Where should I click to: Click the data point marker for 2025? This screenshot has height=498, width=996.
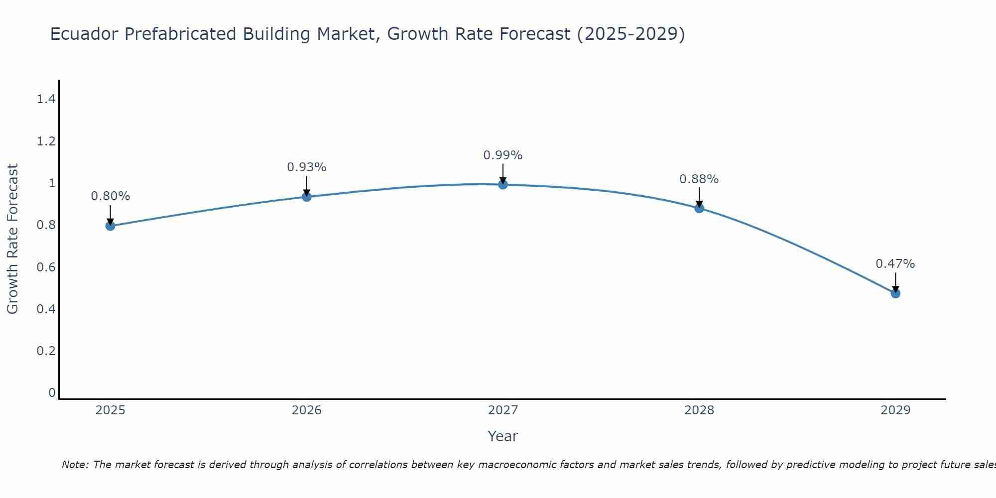click(x=110, y=226)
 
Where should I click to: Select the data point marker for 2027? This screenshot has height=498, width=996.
click(x=503, y=185)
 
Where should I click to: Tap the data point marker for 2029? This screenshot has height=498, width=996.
click(x=895, y=293)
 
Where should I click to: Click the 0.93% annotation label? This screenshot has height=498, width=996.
click(x=307, y=167)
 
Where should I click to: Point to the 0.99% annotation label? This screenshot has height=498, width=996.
click(x=503, y=155)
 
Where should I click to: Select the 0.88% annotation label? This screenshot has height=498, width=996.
click(x=699, y=179)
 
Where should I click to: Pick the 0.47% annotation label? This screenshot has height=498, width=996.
click(x=895, y=264)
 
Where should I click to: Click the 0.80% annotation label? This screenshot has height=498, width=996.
click(x=111, y=196)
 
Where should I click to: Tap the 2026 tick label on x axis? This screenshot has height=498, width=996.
click(x=307, y=410)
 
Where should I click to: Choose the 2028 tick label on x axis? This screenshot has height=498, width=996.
click(x=699, y=410)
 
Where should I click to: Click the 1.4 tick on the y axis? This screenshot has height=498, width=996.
click(x=46, y=99)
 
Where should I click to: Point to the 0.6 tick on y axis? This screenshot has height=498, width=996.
click(x=46, y=267)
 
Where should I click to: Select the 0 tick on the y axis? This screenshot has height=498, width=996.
click(x=52, y=393)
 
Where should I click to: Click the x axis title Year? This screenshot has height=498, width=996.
click(x=503, y=436)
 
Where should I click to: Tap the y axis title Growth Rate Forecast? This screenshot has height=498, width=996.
click(x=12, y=239)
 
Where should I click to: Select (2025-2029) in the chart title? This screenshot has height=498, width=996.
click(x=631, y=34)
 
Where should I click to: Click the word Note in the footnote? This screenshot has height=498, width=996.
click(x=74, y=465)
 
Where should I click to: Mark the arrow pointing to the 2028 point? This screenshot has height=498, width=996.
click(x=699, y=197)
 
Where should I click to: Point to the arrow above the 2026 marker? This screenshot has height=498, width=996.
click(x=307, y=186)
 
